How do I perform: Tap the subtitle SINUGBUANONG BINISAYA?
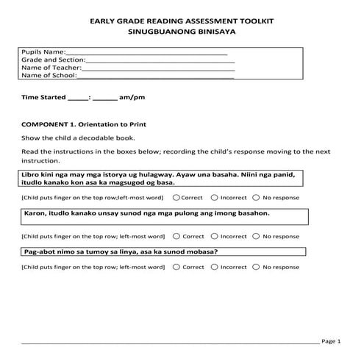coord(182,34)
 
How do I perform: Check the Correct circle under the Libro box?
coord(177,198)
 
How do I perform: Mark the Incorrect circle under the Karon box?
coord(215,237)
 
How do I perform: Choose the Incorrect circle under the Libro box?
coord(215,198)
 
